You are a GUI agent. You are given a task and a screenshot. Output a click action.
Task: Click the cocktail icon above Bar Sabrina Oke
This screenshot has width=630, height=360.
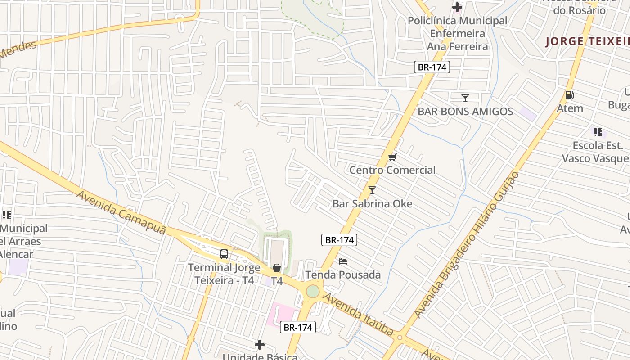pos(372,190)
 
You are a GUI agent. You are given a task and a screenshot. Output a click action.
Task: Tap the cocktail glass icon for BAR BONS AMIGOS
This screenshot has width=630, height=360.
pos(465,98)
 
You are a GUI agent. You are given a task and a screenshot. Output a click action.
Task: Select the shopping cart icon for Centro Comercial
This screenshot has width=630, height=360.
pos(392,157)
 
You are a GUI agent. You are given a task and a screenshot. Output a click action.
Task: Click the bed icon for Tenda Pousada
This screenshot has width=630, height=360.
pos(343,261)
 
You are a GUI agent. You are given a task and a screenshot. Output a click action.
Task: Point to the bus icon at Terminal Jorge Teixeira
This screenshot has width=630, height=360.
pos(224,254)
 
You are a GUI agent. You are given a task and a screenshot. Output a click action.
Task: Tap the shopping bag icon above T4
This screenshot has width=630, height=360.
pos(277,268)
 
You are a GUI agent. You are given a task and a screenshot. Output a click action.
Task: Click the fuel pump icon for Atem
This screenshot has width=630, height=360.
pos(569,94)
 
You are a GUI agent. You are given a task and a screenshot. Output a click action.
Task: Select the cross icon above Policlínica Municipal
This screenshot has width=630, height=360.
pos(457,7)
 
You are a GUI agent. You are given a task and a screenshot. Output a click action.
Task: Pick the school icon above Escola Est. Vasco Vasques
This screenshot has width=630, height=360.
pos(598,132)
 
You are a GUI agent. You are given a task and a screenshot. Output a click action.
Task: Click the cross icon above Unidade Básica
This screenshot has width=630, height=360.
pos(260,345)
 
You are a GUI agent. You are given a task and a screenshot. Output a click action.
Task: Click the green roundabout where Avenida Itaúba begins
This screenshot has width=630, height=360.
pos(313,291)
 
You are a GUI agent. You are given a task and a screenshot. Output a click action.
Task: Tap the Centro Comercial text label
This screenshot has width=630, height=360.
pos(392,170)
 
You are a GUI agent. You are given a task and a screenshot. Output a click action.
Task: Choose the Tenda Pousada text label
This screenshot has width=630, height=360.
pos(343,274)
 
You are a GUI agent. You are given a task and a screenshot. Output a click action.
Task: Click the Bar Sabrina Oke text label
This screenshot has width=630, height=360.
pos(372,203)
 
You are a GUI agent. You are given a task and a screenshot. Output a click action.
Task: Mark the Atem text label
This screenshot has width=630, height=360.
pos(570,108)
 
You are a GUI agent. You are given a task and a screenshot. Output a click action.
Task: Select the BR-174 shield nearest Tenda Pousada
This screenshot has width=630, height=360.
pos(339,240)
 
